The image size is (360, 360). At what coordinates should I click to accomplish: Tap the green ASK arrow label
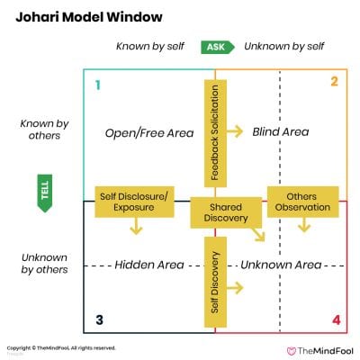pyautogui.click(x=217, y=46)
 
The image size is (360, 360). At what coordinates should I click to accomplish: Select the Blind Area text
pyautogui.click(x=280, y=132)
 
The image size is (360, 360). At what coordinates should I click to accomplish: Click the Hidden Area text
pyautogui.click(x=148, y=265)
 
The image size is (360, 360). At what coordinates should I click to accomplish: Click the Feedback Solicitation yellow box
pyautogui.click(x=214, y=132)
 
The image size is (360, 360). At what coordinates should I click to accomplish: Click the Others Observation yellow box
pyautogui.click(x=302, y=202)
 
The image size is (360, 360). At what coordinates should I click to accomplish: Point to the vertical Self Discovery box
pyautogui.click(x=214, y=281)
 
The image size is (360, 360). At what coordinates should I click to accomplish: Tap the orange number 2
pyautogui.click(x=333, y=83)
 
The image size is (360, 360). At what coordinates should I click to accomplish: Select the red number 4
pyautogui.click(x=335, y=319)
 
